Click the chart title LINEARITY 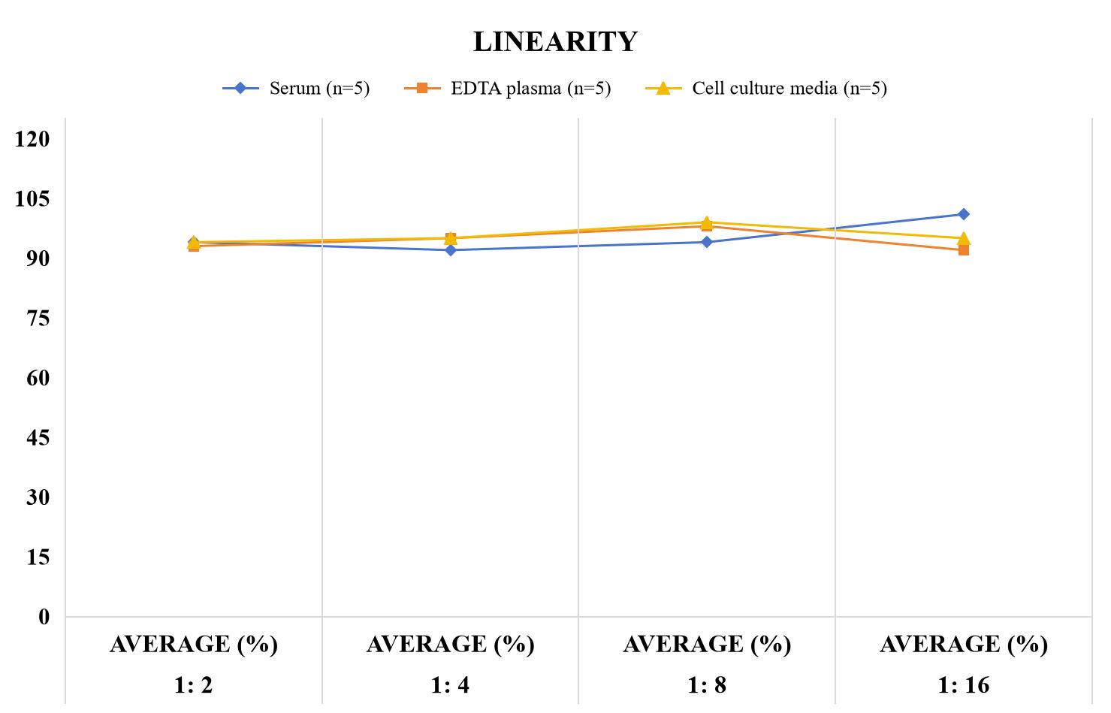(x=555, y=41)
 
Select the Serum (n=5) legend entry (x=296, y=89)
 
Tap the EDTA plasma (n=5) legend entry (x=507, y=89)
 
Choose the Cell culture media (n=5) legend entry (x=765, y=89)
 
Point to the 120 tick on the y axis (x=32, y=139)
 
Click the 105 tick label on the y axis (x=32, y=199)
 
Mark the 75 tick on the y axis (x=38, y=319)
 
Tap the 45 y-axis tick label (x=38, y=438)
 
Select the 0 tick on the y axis (x=44, y=618)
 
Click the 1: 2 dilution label (x=194, y=685)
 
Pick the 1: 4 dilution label (x=450, y=685)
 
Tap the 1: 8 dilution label (x=707, y=685)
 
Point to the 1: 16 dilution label (x=964, y=685)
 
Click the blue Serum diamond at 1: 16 (x=964, y=214)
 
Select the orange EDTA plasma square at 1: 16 (x=964, y=250)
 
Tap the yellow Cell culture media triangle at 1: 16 (x=964, y=238)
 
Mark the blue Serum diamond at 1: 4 (x=451, y=250)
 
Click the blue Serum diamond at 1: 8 (x=707, y=242)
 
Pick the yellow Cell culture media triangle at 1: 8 (x=707, y=222)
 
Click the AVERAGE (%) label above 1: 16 (x=964, y=645)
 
